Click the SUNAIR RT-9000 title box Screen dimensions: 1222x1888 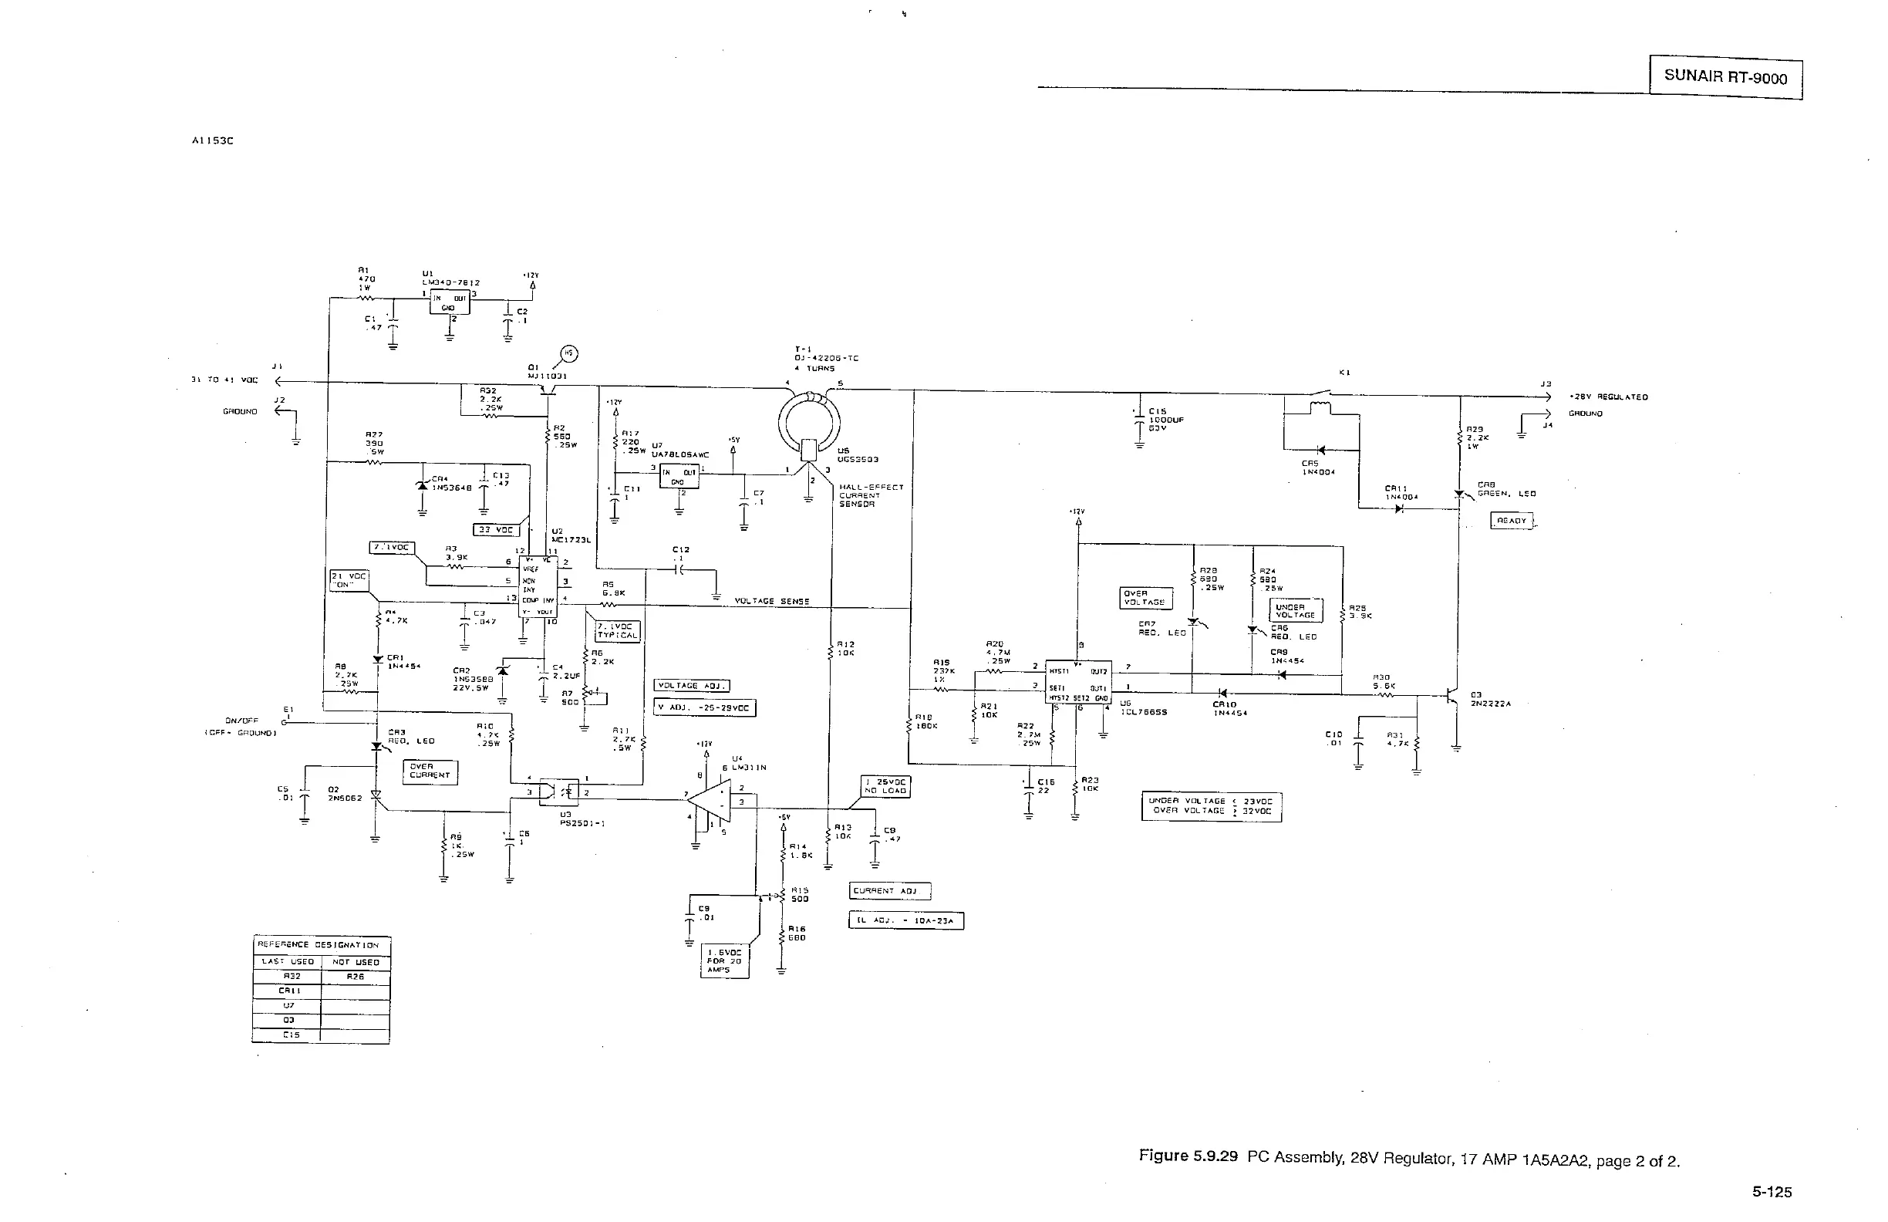[x=1725, y=77]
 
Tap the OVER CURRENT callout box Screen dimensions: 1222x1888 [x=430, y=771]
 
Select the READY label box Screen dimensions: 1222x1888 [x=1511, y=521]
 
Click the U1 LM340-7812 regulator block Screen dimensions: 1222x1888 [x=449, y=302]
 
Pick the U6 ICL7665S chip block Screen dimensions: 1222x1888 [x=1078, y=682]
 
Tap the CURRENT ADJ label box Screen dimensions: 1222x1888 [x=889, y=891]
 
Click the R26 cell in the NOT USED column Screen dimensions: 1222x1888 [x=355, y=977]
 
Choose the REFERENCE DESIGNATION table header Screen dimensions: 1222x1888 [x=322, y=945]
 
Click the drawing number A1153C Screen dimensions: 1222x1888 [x=213, y=141]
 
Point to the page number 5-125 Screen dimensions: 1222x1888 [x=1772, y=1192]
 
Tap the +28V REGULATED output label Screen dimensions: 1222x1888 [x=1608, y=397]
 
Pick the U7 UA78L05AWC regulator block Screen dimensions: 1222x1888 [x=679, y=476]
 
